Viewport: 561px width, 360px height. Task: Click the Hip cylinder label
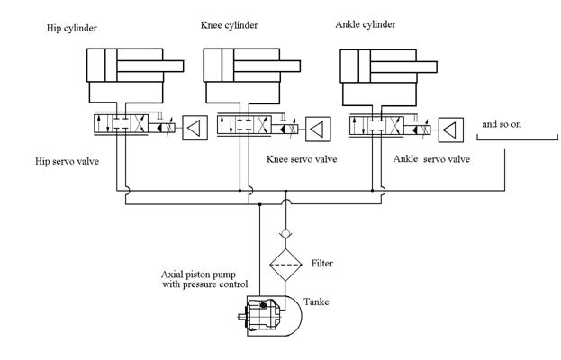click(71, 28)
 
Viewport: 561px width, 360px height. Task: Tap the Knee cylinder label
click(229, 25)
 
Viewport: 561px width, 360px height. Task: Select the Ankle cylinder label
click(366, 24)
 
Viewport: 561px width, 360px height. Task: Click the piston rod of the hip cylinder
click(149, 66)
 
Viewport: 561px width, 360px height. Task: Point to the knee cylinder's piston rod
click(267, 66)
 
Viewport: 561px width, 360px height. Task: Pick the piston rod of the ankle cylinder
click(403, 67)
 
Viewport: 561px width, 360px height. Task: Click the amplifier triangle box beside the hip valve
click(195, 128)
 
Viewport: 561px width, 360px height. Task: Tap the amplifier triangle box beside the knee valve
click(318, 129)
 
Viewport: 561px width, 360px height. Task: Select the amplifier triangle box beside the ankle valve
click(451, 130)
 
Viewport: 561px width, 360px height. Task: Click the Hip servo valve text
click(67, 162)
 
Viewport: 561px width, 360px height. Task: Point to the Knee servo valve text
click(302, 159)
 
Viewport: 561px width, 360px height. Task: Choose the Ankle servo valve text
click(431, 159)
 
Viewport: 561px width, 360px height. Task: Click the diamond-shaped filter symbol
click(285, 265)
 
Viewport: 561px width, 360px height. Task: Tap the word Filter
click(322, 264)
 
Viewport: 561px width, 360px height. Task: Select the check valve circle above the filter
click(285, 234)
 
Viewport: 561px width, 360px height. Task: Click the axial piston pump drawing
click(261, 315)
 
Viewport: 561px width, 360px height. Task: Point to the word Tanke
click(316, 302)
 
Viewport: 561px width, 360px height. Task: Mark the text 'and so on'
click(502, 124)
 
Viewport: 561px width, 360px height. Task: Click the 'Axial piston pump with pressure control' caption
click(204, 280)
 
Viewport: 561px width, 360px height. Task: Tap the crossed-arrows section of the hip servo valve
click(140, 123)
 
